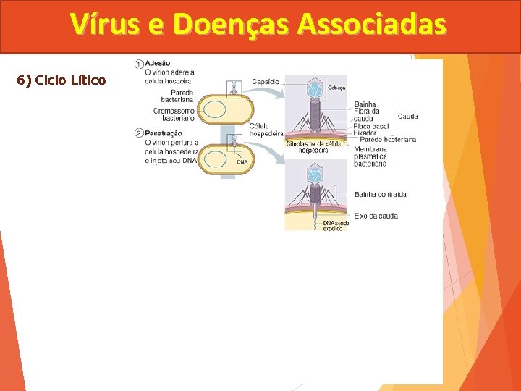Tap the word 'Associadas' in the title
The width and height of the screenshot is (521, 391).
[x=372, y=25]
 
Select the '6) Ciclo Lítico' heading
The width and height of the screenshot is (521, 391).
[x=62, y=80]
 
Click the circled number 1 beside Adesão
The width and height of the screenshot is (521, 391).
[x=138, y=64]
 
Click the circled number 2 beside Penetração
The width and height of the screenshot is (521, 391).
[x=138, y=133]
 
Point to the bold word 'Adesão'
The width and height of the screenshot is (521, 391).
[x=158, y=64]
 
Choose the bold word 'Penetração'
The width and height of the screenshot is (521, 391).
[x=164, y=133]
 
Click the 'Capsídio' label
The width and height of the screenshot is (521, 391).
[x=265, y=82]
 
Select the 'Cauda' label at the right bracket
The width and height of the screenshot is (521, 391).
[x=407, y=117]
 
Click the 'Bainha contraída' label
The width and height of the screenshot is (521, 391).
[x=380, y=194]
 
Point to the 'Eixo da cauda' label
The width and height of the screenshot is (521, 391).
[x=376, y=216]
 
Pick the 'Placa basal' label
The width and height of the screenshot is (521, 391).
[x=371, y=126]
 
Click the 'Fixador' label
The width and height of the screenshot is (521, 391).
[x=365, y=133]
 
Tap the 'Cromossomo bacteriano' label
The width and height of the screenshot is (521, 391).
[x=174, y=114]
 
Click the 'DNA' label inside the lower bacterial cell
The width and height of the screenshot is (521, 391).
[x=242, y=161]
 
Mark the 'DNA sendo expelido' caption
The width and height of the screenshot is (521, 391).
[x=336, y=225]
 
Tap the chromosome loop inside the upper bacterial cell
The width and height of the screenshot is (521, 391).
[x=214, y=110]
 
